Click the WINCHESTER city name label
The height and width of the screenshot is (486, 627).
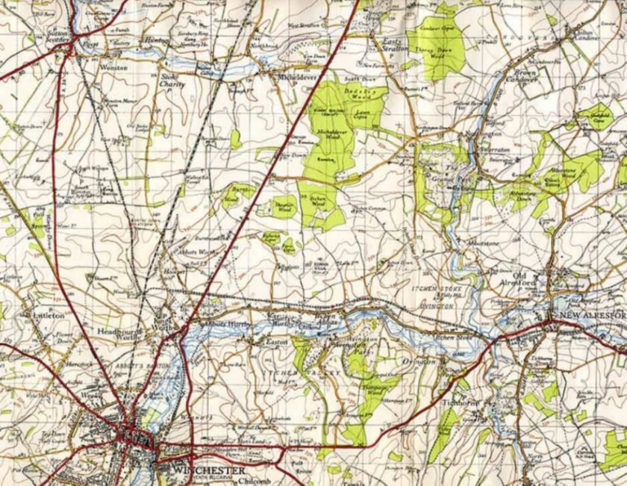tap(208, 470)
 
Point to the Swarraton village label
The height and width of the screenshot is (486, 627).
tap(498, 150)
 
